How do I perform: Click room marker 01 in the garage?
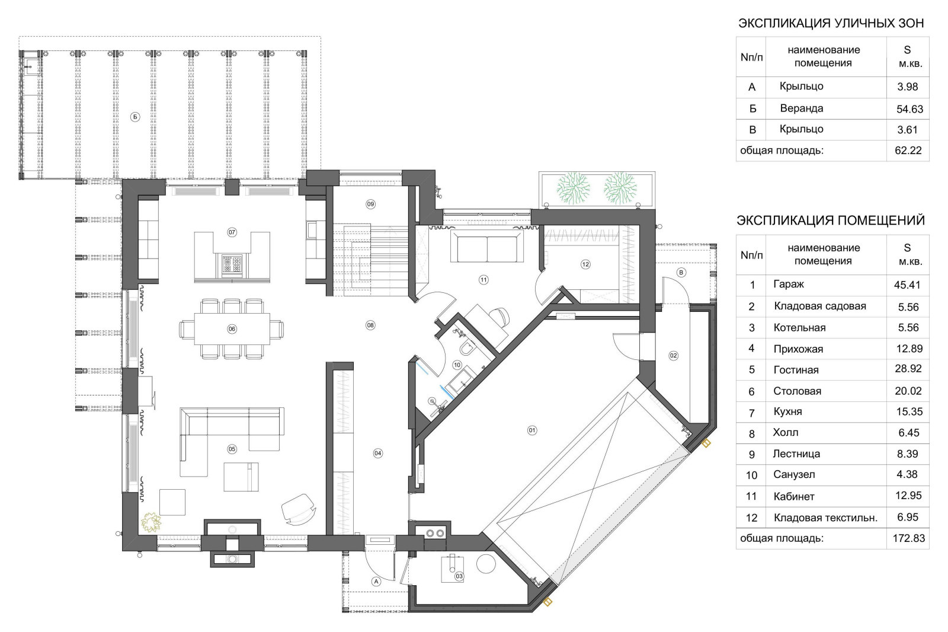[x=532, y=430]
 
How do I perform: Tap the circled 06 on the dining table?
[x=232, y=328]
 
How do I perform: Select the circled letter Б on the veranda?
[x=135, y=117]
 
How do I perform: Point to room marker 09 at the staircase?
[x=370, y=204]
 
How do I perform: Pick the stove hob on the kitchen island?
[x=232, y=265]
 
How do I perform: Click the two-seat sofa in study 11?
[x=486, y=247]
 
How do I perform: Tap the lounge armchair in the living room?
[x=299, y=509]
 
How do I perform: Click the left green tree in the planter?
[x=574, y=188]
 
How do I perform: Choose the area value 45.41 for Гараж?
[x=907, y=285]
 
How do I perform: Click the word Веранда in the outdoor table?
[x=802, y=108]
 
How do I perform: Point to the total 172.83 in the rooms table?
[x=909, y=538]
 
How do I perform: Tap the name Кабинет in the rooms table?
[x=794, y=496]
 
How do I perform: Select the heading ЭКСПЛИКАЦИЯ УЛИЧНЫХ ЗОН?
[x=831, y=23]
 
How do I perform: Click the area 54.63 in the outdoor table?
[x=909, y=109]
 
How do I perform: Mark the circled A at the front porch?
[x=376, y=582]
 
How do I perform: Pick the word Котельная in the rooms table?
[x=799, y=328]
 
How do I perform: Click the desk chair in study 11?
[x=499, y=317]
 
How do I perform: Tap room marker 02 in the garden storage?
[x=673, y=356]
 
